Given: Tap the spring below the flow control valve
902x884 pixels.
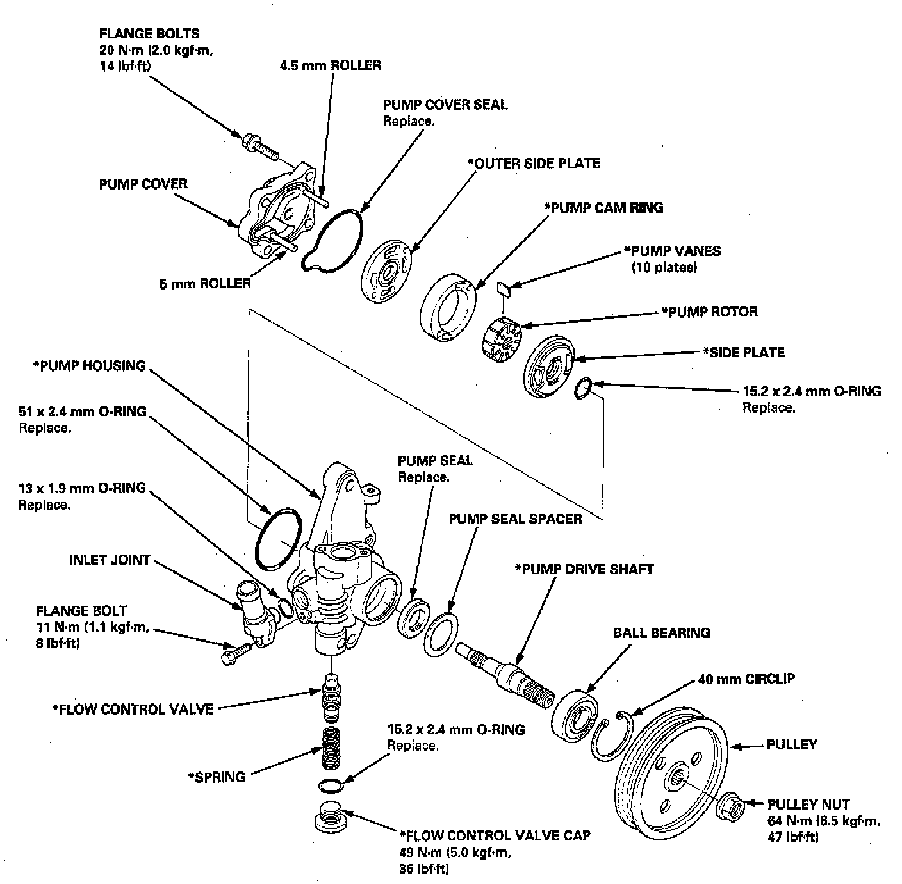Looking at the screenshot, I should (331, 748).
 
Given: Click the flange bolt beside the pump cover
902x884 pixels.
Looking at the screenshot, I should (260, 145).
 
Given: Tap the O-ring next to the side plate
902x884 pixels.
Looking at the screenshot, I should (583, 388).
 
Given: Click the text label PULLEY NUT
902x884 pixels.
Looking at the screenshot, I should (808, 805).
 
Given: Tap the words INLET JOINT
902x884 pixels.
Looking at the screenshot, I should (110, 560).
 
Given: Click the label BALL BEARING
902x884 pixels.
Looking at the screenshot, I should (662, 633).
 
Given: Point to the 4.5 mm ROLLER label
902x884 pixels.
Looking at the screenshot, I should (331, 65).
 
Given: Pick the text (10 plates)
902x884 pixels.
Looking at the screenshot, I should (664, 267).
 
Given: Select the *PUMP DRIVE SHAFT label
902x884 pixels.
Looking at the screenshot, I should (584, 569).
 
